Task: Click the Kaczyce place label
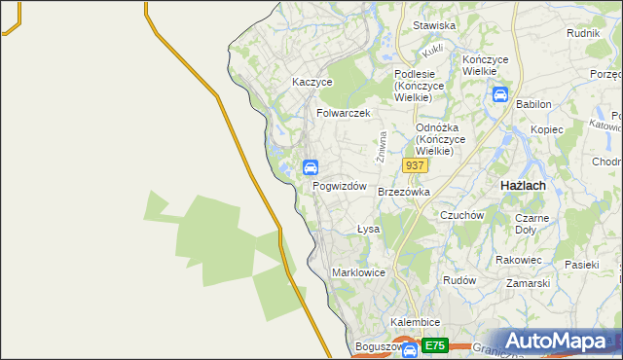click(312, 83)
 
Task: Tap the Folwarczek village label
click(344, 113)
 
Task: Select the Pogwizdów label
click(339, 186)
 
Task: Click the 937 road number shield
click(415, 166)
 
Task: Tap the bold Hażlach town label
click(522, 185)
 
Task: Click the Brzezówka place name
click(403, 192)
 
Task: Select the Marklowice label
click(358, 272)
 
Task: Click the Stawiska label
click(434, 25)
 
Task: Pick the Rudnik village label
click(582, 32)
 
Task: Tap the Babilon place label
click(533, 104)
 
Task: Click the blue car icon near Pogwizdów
click(310, 166)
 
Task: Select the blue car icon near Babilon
click(499, 95)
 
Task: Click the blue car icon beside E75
click(410, 348)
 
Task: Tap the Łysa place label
click(368, 230)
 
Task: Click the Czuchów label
click(461, 215)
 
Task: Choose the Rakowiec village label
click(518, 260)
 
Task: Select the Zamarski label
click(528, 283)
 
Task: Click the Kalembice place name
click(416, 322)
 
